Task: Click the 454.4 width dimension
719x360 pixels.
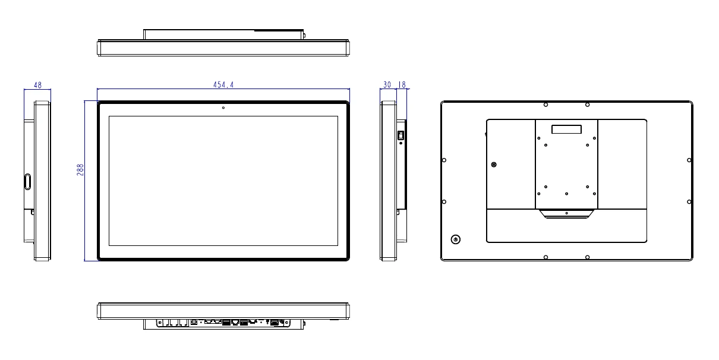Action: [x=223, y=85]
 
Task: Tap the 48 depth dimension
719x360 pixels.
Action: [x=37, y=85]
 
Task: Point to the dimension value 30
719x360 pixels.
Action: [x=387, y=85]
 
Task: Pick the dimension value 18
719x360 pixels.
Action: [x=402, y=85]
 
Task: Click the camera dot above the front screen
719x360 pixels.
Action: [x=223, y=108]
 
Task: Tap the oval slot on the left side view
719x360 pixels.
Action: [x=28, y=181]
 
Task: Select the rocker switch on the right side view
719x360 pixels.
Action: [x=401, y=135]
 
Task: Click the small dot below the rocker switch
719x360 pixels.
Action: [x=401, y=144]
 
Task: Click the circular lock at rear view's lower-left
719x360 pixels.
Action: [x=456, y=239]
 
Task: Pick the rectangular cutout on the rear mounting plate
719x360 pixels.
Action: [x=566, y=129]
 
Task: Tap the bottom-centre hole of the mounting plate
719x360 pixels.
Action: [x=566, y=194]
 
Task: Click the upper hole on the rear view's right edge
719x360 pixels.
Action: [x=689, y=160]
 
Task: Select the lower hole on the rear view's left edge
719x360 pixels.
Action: [x=444, y=202]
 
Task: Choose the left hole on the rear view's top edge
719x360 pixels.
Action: [x=545, y=105]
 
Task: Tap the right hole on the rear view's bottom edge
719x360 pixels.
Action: [x=587, y=257]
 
